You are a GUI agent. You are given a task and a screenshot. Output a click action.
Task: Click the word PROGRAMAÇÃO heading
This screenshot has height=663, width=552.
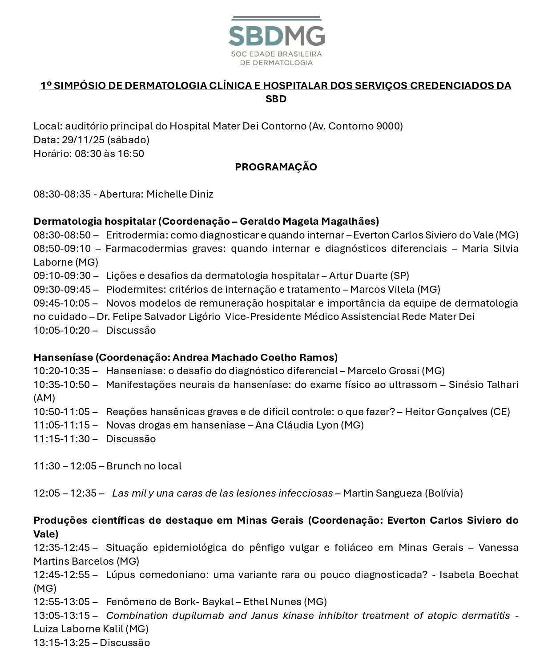(276, 167)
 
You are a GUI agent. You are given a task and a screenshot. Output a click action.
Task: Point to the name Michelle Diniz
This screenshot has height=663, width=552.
(180, 194)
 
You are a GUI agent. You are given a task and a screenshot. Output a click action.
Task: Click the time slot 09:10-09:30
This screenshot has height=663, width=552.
(62, 275)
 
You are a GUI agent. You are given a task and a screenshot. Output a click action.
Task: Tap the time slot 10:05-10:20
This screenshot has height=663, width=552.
(62, 330)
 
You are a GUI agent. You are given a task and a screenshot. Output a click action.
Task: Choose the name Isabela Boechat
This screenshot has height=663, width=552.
(479, 574)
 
